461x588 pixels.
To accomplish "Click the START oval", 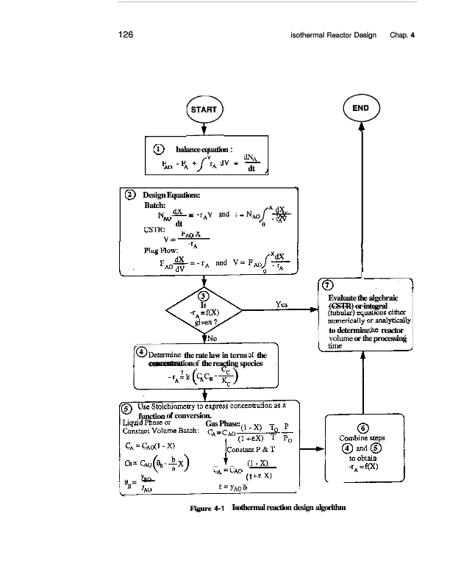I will pyautogui.click(x=204, y=110).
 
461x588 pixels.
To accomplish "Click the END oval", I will pyautogui.click(x=361, y=108).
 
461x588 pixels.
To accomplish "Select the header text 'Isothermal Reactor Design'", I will pyautogui.click(x=333, y=35).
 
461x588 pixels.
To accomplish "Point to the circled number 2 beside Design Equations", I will pyautogui.click(x=130, y=195).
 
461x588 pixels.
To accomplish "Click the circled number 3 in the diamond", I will pyautogui.click(x=204, y=296).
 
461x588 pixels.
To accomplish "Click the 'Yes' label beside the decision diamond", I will pyautogui.click(x=281, y=304).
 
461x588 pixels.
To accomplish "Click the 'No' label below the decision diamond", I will pyautogui.click(x=212, y=339).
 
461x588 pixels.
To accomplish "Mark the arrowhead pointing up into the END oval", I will pyautogui.click(x=361, y=126).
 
